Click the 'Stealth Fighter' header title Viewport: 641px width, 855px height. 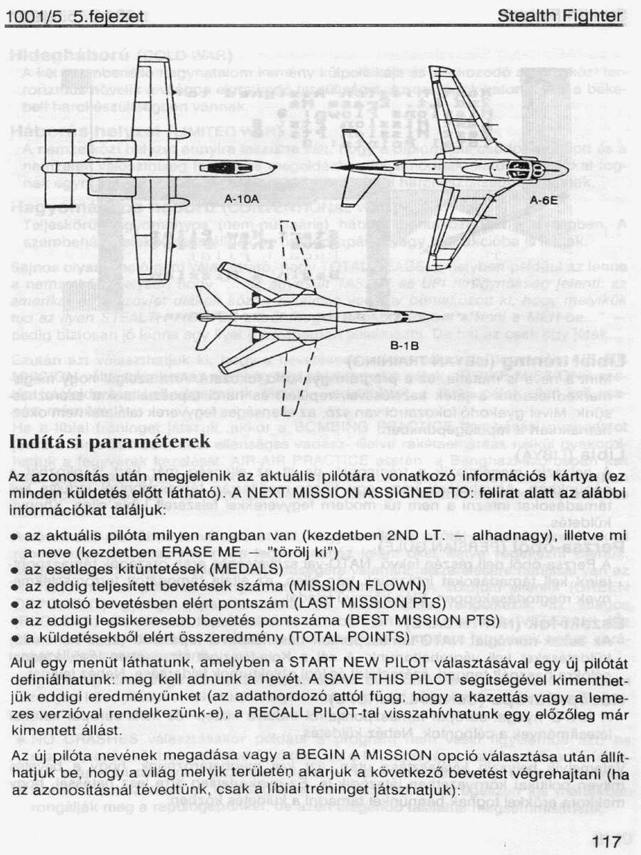pyautogui.click(x=560, y=16)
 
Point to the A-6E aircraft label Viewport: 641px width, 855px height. pyautogui.click(x=543, y=201)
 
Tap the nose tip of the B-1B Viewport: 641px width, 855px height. pyautogui.click(x=434, y=316)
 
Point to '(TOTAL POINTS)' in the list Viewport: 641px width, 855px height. pyautogui.click(x=354, y=635)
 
